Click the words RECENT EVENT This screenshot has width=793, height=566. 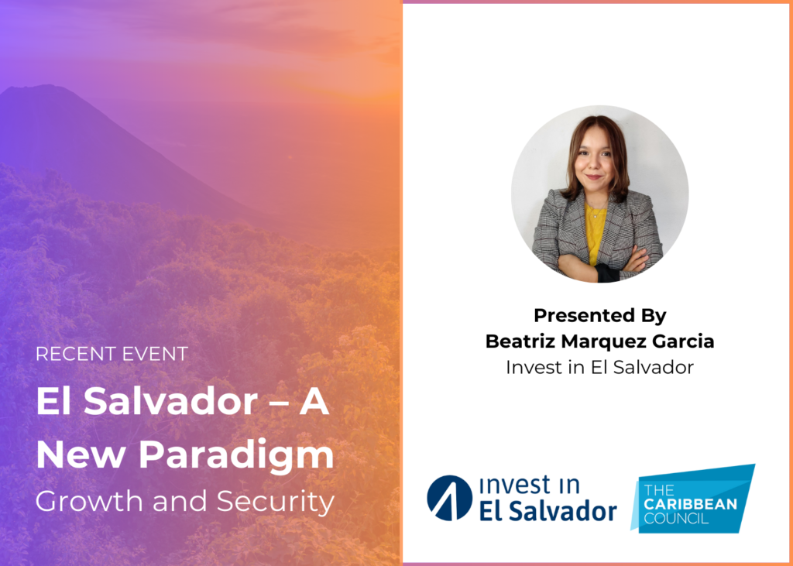112,354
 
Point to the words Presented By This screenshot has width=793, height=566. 600,316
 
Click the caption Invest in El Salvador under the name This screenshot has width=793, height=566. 600,368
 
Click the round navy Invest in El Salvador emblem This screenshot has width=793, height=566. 450,498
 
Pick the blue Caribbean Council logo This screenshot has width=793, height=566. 693,498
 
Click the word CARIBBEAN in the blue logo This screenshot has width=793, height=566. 691,504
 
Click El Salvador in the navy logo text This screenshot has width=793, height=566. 548,511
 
